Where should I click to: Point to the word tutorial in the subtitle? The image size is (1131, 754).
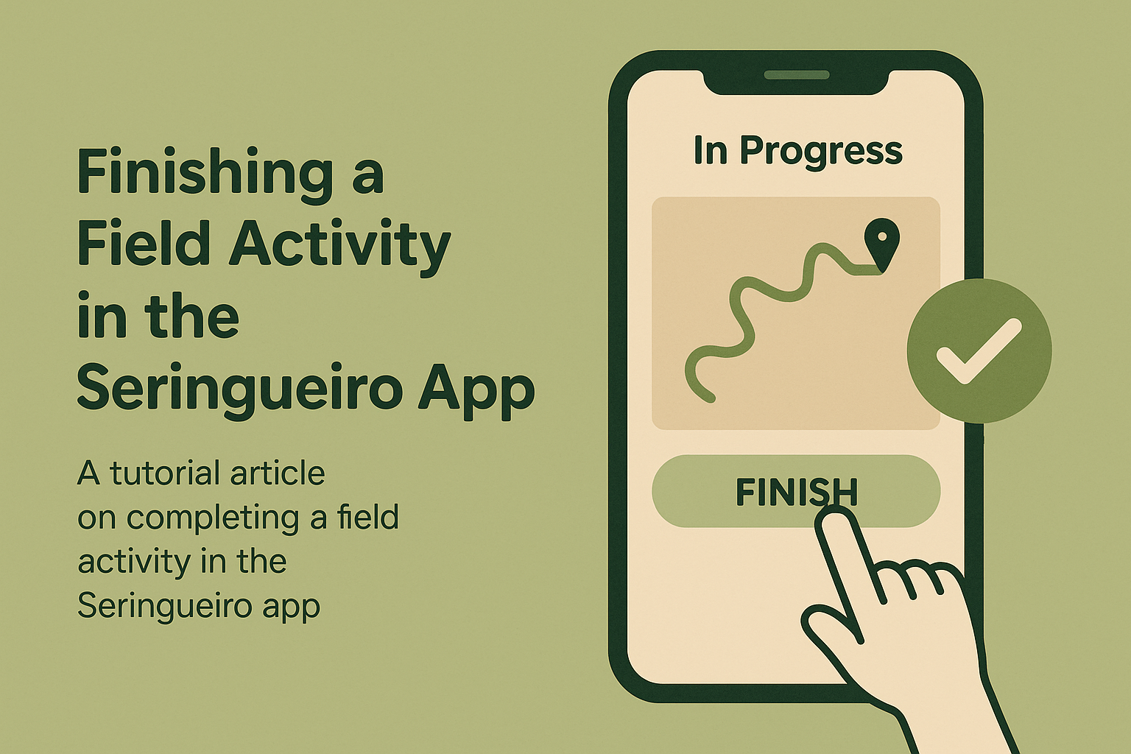pos(156,473)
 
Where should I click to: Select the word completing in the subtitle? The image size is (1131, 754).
pos(212,518)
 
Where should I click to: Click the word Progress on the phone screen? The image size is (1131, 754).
pos(821,151)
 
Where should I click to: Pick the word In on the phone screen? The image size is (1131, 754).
pos(710,151)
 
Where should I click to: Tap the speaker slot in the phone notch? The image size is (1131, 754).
pos(797,75)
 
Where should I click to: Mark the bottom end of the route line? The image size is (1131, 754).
pos(711,398)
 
